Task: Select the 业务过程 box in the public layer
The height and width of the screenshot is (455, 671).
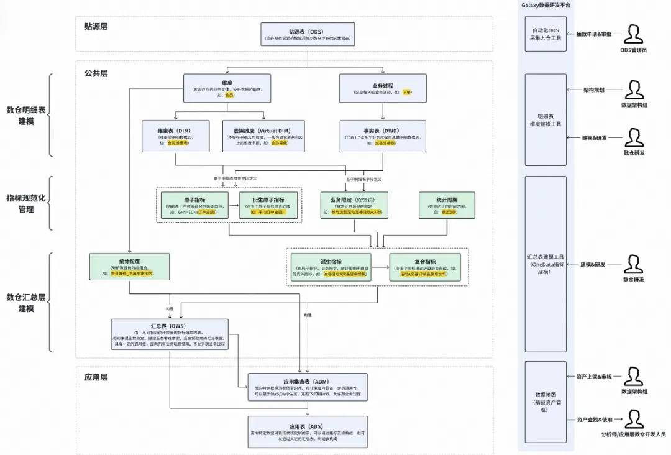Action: click(x=382, y=88)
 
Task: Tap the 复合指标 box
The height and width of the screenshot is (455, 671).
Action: click(x=426, y=267)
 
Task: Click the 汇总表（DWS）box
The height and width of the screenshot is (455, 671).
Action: click(x=170, y=336)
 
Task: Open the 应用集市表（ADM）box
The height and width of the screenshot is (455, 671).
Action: click(x=308, y=387)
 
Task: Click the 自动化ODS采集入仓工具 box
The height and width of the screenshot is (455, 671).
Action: click(x=545, y=34)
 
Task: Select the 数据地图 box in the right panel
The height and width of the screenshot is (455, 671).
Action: click(x=545, y=398)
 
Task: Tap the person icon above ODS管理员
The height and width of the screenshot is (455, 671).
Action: click(x=633, y=34)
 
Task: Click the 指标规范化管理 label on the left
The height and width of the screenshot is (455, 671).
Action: click(x=25, y=203)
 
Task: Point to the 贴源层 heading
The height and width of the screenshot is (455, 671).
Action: click(x=96, y=27)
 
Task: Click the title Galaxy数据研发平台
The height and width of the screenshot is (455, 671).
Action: click(x=545, y=5)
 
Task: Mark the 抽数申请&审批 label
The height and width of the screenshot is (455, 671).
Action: click(x=593, y=34)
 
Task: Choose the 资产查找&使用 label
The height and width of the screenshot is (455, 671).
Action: click(x=595, y=420)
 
